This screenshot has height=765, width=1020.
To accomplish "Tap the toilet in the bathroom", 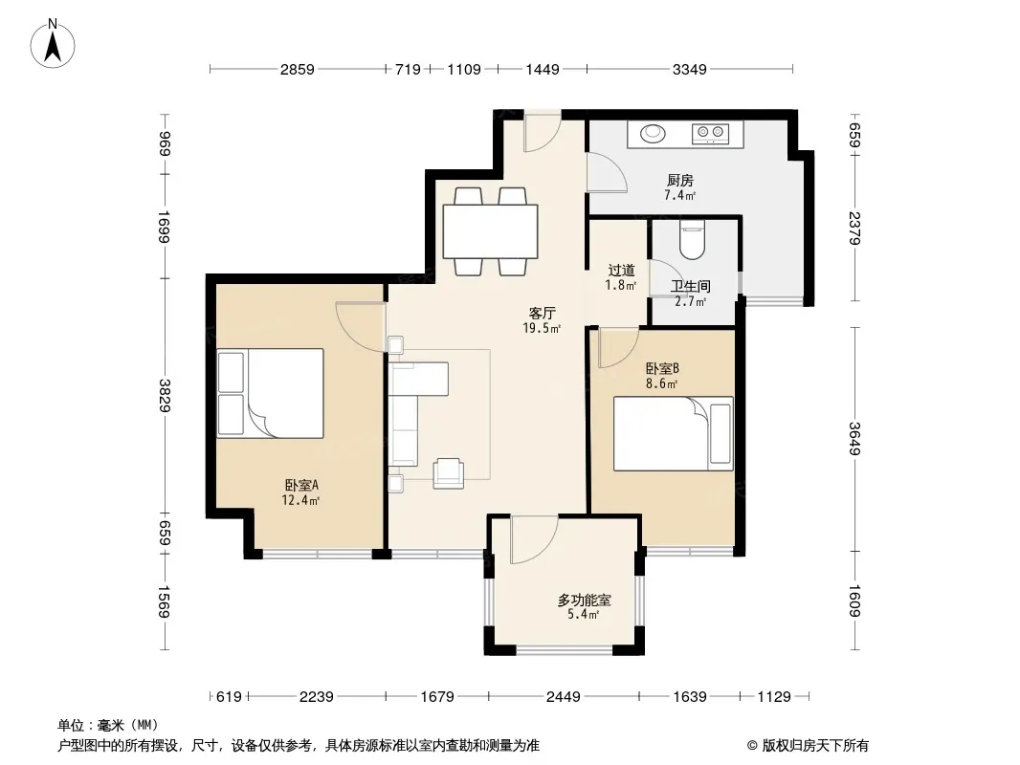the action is click(692, 239).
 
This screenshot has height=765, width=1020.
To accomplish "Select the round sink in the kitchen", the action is click(654, 133).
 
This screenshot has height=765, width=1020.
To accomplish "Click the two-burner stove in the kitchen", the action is click(710, 133).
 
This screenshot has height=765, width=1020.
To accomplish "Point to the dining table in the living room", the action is click(491, 231).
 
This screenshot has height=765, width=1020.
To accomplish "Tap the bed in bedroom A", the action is click(270, 393).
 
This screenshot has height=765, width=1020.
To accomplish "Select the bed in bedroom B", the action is click(674, 433).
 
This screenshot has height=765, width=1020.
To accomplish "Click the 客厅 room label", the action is click(542, 314).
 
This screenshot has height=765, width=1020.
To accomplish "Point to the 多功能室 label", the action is click(584, 600).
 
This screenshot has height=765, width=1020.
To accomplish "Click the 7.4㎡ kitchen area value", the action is click(679, 195).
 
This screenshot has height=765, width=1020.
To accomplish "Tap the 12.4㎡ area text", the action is click(299, 500).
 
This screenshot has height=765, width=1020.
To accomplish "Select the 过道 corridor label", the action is click(621, 270).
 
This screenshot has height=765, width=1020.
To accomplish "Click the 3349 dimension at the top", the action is click(690, 69).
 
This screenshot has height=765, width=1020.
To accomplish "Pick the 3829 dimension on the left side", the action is click(164, 395).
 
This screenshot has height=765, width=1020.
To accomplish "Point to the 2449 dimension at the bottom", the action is click(563, 697).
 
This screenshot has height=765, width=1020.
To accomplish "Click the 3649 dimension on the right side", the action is click(854, 439).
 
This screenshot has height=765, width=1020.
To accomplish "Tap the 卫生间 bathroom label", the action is click(690, 286).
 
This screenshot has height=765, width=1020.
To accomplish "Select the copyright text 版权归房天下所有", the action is click(815, 746).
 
